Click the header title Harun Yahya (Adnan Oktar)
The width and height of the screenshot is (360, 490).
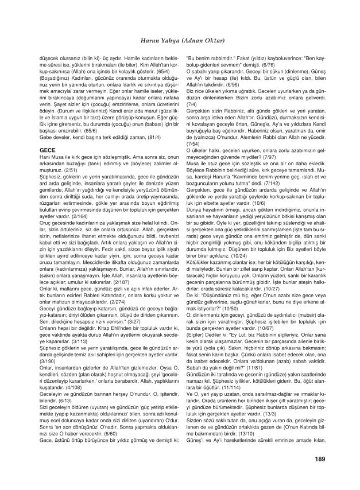click(180, 41)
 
